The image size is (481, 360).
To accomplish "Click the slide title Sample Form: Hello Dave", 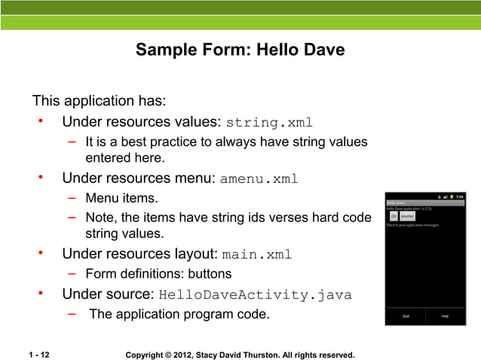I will click(x=240, y=50).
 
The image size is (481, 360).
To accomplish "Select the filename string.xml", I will click(x=269, y=123).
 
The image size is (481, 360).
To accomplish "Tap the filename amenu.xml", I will click(x=259, y=179).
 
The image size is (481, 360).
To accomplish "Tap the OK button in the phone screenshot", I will click(x=393, y=215).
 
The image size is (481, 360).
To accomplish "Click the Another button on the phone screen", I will click(x=408, y=215).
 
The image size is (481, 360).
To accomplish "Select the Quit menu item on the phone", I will click(x=406, y=316).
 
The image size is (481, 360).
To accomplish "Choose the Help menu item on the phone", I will click(x=445, y=316).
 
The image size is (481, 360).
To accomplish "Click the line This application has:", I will click(x=99, y=101).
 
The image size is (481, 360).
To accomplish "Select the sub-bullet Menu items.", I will click(x=121, y=199).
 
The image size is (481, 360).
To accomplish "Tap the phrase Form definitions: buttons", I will click(x=158, y=274).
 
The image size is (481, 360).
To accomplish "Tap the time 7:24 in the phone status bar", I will click(x=460, y=196).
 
